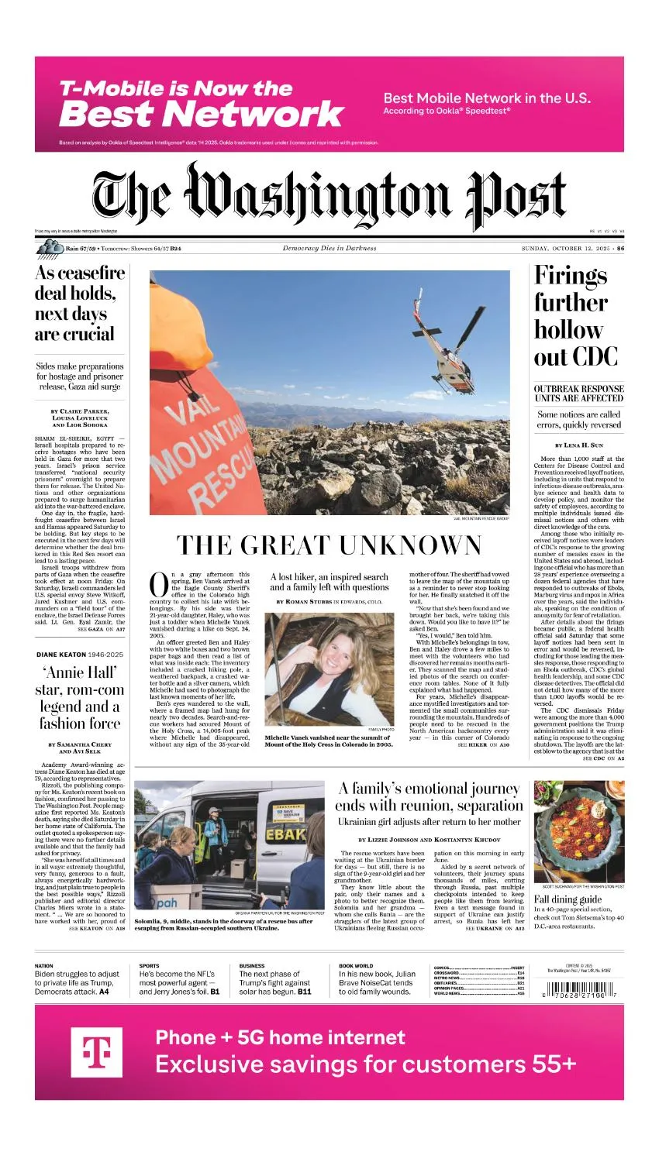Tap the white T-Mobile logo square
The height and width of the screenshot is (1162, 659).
97,1052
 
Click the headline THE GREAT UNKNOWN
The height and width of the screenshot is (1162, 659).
329,545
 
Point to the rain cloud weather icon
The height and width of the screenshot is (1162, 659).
50,248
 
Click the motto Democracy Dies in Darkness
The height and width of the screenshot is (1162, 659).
329,249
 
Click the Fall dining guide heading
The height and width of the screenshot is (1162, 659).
568,899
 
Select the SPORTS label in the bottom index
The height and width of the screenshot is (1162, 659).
150,966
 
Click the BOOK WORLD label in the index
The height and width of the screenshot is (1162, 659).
356,966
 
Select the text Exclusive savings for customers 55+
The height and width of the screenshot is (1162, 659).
366,1064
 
